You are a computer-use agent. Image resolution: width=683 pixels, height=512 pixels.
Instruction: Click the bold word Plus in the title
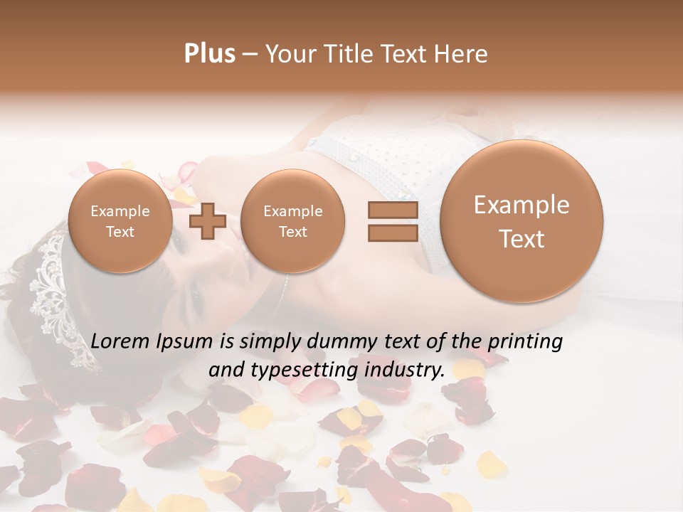pyautogui.click(x=209, y=54)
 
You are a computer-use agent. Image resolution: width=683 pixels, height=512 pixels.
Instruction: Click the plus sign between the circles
pyautogui.click(x=207, y=221)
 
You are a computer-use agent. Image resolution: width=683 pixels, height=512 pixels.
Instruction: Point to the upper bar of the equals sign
pyautogui.click(x=392, y=210)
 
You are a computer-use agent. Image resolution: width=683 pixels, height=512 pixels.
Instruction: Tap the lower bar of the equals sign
pyautogui.click(x=392, y=233)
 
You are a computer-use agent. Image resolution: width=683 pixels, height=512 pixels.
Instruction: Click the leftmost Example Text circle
pyautogui.click(x=120, y=221)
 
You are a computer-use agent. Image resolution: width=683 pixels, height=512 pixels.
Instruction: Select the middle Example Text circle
pyautogui.click(x=293, y=221)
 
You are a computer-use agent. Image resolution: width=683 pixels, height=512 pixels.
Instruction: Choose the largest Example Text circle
pyautogui.click(x=521, y=221)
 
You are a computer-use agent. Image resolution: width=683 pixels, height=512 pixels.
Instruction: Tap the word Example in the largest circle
pyautogui.click(x=521, y=205)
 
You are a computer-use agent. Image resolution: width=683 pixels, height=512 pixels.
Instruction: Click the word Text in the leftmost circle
pyautogui.click(x=120, y=232)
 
